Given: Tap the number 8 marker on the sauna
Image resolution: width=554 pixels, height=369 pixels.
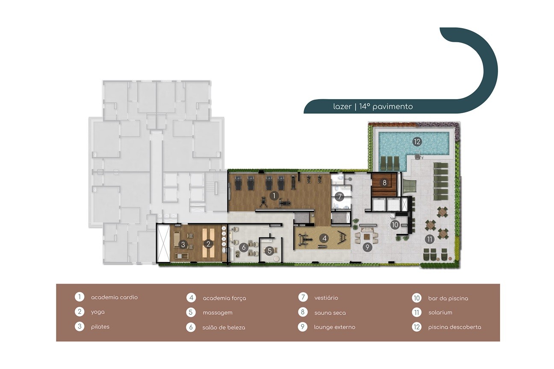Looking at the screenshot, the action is coord(384,183).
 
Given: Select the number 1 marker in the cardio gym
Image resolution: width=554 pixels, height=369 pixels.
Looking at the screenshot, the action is coord(274,196).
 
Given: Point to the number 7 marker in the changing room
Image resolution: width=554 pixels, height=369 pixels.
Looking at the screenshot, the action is coord(339,197).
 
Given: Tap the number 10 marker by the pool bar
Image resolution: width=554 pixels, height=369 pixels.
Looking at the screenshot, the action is coord(395,225).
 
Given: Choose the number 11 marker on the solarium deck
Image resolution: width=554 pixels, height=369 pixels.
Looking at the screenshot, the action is coord(430,239).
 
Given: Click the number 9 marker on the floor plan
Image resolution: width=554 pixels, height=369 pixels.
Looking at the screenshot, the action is coord(367,247).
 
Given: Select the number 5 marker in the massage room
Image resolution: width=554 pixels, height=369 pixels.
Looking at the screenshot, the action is coord(270,251).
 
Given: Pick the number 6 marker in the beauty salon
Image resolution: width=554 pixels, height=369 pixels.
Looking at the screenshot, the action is coord(244,247).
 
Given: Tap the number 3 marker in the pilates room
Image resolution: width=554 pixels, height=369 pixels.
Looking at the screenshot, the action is coord(183,244).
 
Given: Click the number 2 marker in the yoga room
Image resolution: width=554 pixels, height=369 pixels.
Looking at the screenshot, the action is coord(208,244).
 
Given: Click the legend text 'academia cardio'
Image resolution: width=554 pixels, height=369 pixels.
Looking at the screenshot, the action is coord(114,297).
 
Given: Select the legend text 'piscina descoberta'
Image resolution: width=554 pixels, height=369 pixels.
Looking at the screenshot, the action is coord(455,327).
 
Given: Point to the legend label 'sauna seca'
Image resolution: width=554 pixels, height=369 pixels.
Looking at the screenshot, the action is coord(330,313).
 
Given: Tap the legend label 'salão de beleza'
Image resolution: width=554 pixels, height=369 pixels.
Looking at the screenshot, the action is coord(224,328).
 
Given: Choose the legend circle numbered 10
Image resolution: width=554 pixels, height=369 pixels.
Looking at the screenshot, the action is coord(417,298).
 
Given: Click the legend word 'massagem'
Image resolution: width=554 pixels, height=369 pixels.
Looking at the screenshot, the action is coord(218,313).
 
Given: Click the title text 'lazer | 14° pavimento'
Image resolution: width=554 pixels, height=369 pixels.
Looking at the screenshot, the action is coord(373,106).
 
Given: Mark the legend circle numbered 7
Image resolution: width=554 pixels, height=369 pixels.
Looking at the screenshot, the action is coord(303,297).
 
